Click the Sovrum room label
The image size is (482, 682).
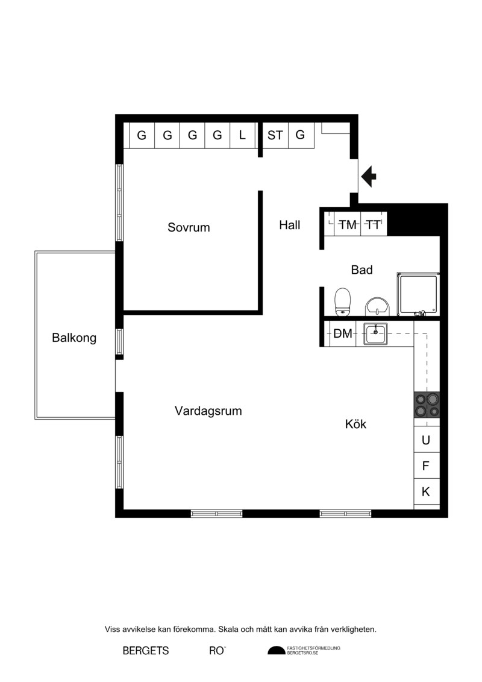pyautogui.click(x=189, y=227)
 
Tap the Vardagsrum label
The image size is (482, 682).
pyautogui.click(x=208, y=411)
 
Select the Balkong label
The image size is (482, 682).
pyautogui.click(x=74, y=338)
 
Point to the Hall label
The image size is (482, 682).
pyautogui.click(x=289, y=225)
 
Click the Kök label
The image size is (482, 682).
pyautogui.click(x=355, y=424)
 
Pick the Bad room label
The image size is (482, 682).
pyautogui.click(x=361, y=270)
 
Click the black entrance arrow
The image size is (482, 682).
pyautogui.click(x=369, y=177)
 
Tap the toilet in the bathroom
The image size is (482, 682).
pyautogui.click(x=342, y=302)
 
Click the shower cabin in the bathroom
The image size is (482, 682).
pyautogui.click(x=418, y=294)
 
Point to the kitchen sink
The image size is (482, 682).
pyautogui.click(x=375, y=334)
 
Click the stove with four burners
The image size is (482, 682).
pyautogui.click(x=427, y=405)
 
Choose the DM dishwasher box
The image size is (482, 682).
pyautogui.click(x=342, y=333)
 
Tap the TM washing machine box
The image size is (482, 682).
pyautogui.click(x=347, y=224)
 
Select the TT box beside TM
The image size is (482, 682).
pyautogui.click(x=374, y=224)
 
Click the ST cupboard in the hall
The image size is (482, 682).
pyautogui.click(x=275, y=135)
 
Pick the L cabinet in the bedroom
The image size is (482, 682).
pyautogui.click(x=243, y=135)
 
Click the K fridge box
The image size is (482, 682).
pyautogui.click(x=427, y=491)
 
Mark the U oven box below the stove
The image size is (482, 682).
pyautogui.click(x=427, y=440)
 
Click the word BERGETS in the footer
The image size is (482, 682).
pyautogui.click(x=146, y=651)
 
